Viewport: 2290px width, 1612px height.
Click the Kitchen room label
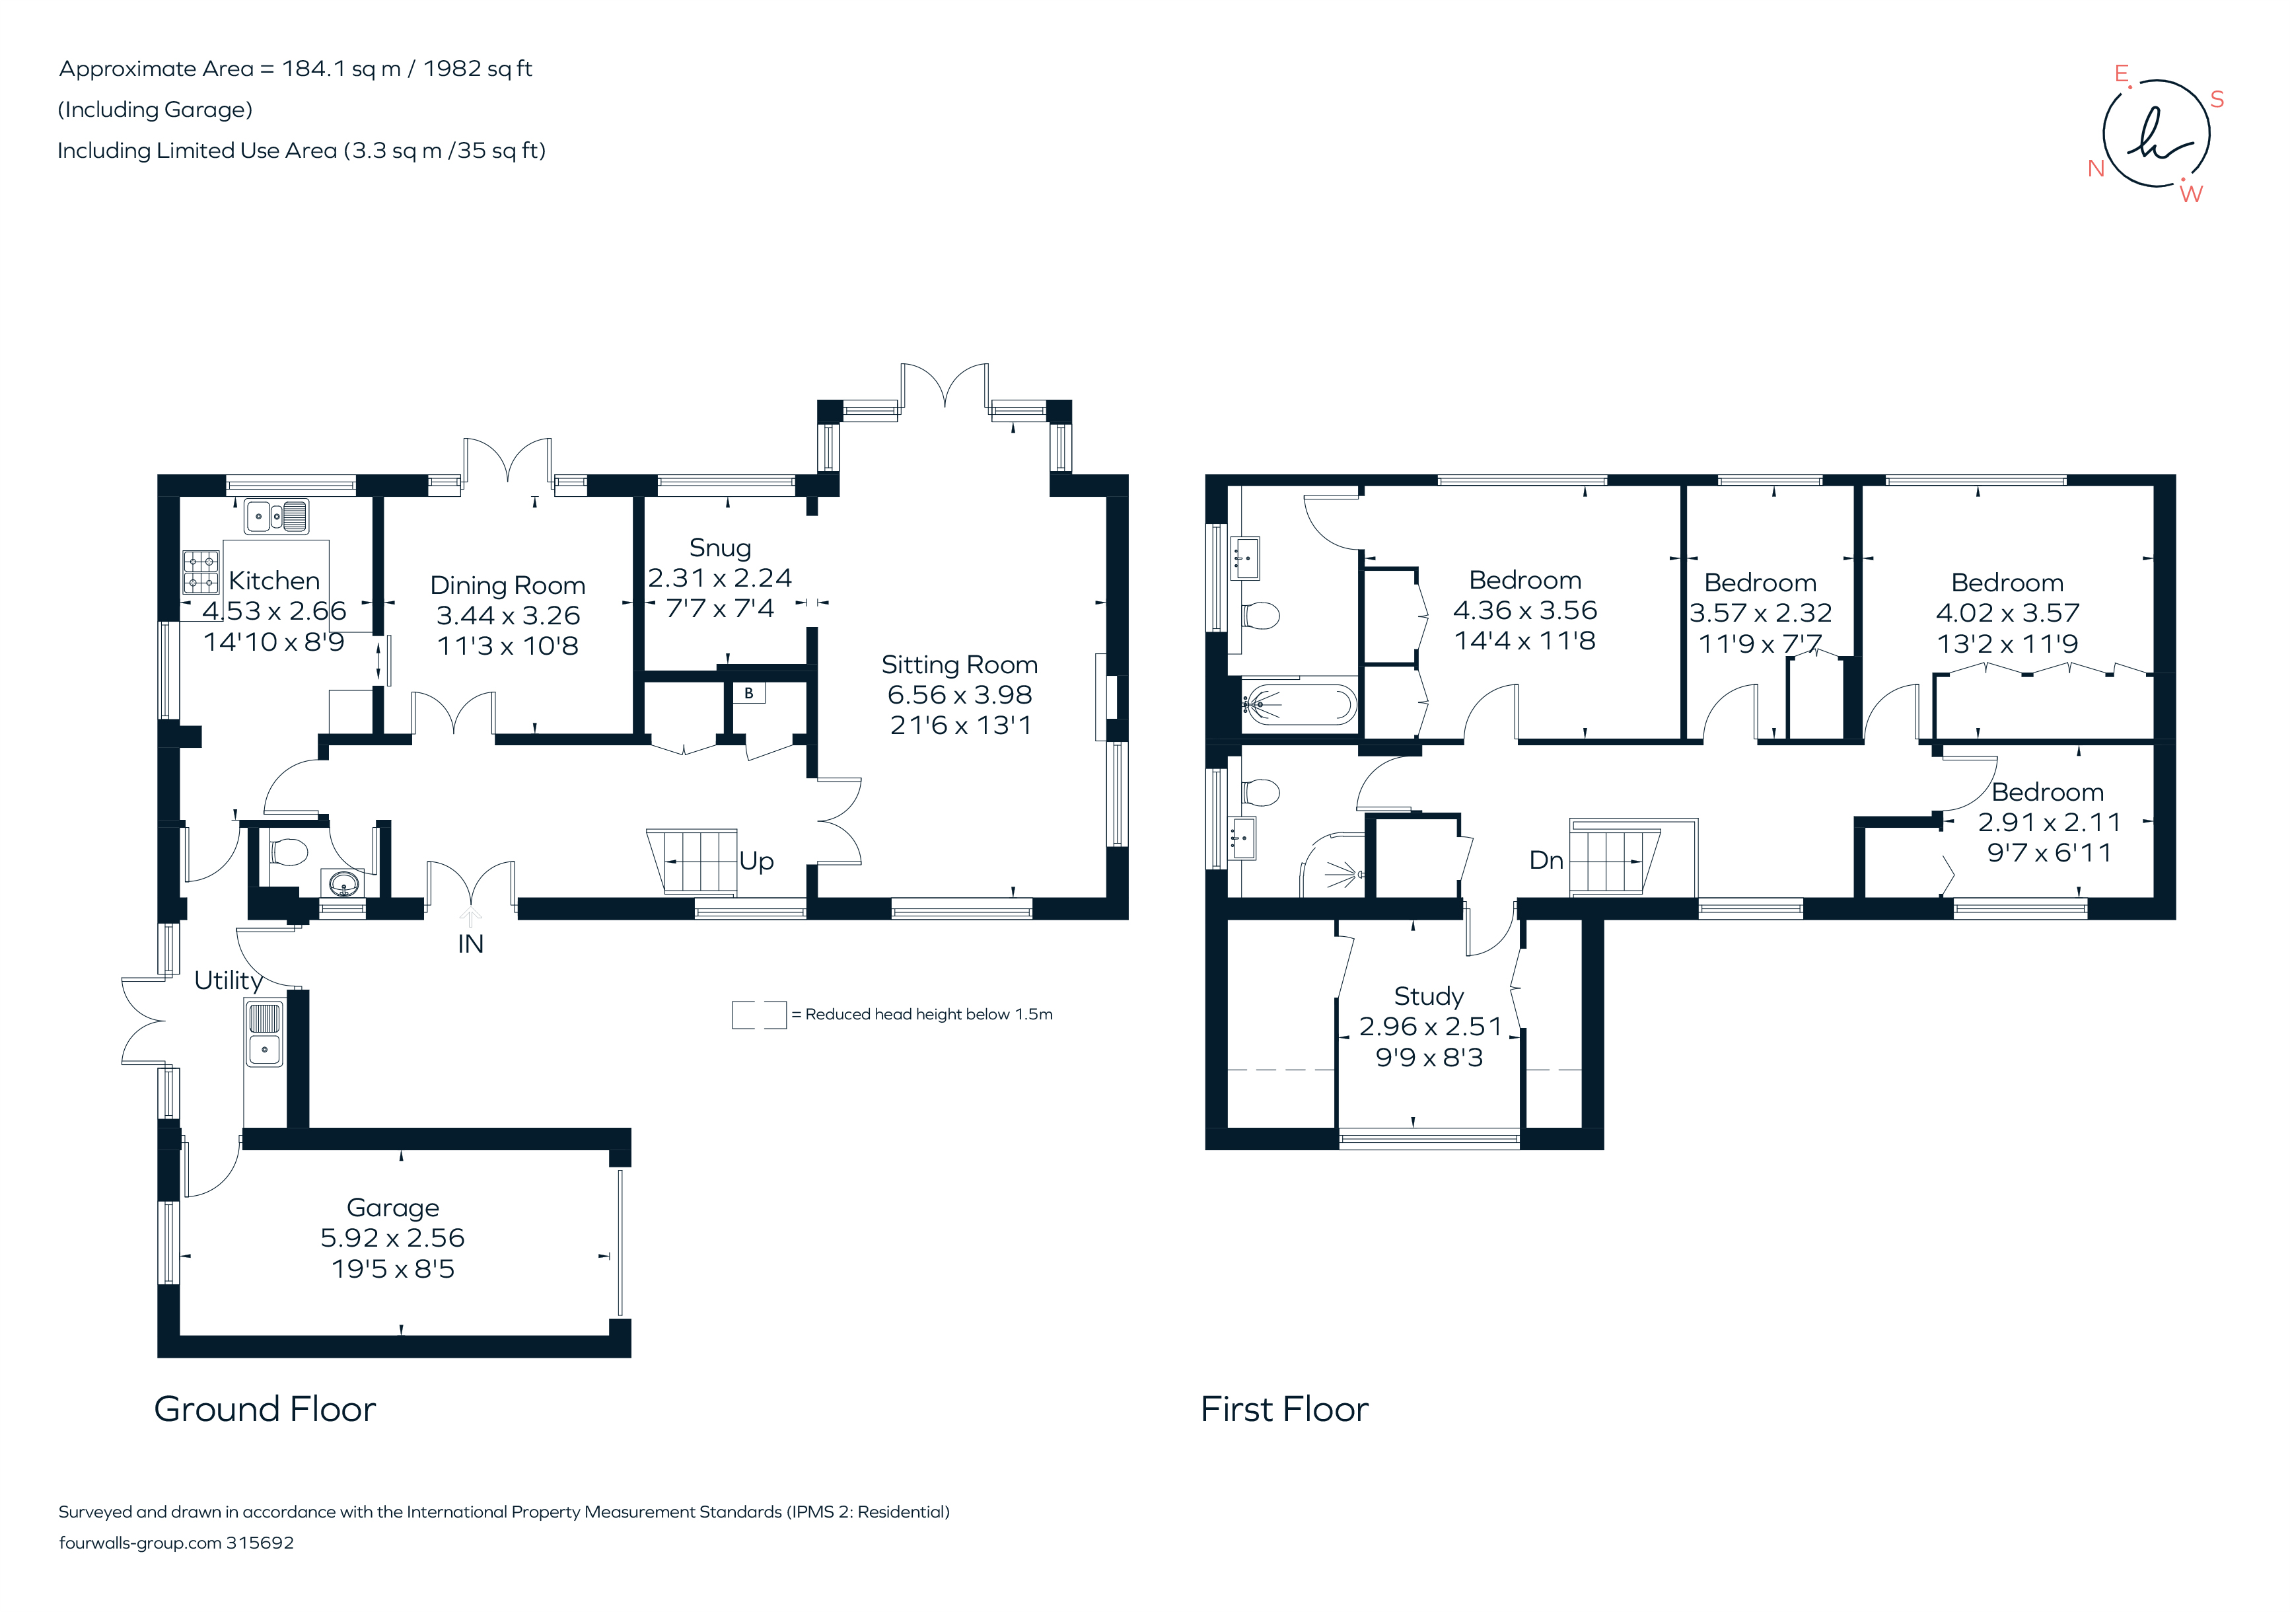click(x=274, y=581)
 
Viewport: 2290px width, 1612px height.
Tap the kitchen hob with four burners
click(x=201, y=573)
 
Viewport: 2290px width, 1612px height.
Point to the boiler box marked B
click(x=749, y=693)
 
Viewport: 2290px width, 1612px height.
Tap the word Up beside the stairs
click(x=756, y=861)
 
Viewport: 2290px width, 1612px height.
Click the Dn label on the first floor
click(x=1546, y=860)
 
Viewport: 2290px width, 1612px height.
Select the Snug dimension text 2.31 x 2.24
click(x=719, y=579)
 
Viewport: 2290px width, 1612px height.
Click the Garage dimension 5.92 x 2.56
click(x=392, y=1238)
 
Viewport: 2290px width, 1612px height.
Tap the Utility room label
click(x=229, y=980)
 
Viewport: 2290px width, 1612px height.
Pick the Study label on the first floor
click(x=1428, y=996)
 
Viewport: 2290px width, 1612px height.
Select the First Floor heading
click(x=1283, y=1409)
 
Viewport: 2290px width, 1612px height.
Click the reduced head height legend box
click(x=759, y=1015)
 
